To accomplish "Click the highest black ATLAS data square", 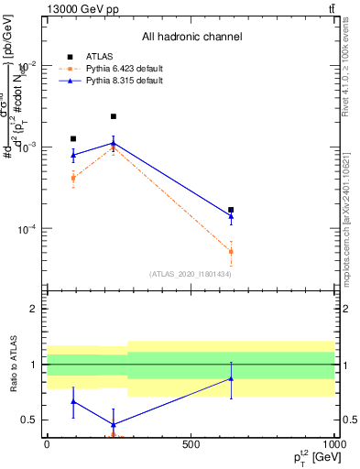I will (x=113, y=116).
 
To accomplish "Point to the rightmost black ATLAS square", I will (x=231, y=210).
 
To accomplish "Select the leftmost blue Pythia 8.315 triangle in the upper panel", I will (x=73, y=155).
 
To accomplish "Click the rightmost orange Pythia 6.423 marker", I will (x=231, y=251).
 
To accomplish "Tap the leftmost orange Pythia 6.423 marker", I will (x=73, y=178).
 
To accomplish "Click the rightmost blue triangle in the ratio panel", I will (x=231, y=378).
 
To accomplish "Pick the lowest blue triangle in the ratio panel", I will (x=113, y=424).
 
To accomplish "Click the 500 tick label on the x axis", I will (x=191, y=444).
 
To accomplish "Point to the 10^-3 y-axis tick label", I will (x=27, y=147).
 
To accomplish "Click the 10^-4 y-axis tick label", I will (x=27, y=229).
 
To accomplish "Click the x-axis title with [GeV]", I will (x=311, y=457).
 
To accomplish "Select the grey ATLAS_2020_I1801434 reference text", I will (x=190, y=274).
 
